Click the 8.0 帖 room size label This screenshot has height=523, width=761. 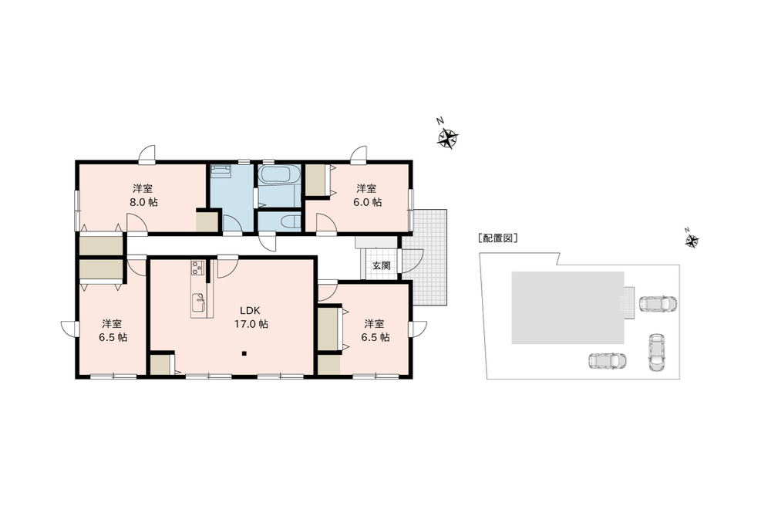[x=143, y=203]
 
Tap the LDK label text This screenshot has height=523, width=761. [x=251, y=310]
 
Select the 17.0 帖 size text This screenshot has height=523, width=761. [x=251, y=324]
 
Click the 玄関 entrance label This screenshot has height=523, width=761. [x=381, y=265]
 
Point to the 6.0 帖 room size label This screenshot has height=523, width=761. [x=367, y=202]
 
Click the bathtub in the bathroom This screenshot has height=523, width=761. [x=278, y=175]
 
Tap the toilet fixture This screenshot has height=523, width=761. [x=290, y=221]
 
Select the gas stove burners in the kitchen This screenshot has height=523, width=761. [x=197, y=268]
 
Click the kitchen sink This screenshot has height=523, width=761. [x=199, y=303]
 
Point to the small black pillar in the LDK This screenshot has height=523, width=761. [x=244, y=353]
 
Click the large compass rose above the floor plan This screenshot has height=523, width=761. [x=447, y=137]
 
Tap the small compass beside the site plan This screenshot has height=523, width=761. [x=692, y=240]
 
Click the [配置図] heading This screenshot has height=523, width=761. [x=497, y=238]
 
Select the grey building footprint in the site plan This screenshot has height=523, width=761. [x=567, y=307]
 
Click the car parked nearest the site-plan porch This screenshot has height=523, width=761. [x=658, y=303]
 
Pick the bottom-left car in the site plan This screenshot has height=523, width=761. [x=607, y=361]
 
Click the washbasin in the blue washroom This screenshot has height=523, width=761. [x=221, y=170]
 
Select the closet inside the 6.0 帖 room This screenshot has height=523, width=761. [x=318, y=181]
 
